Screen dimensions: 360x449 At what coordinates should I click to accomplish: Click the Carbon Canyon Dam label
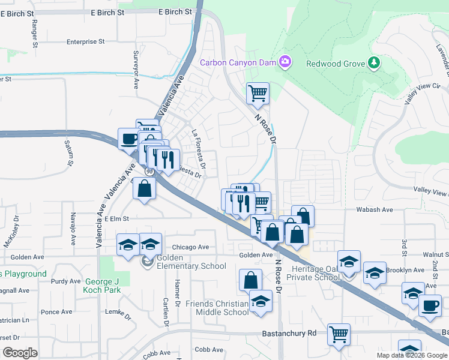(238, 62)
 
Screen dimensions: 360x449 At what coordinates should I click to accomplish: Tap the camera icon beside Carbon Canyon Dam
(285, 62)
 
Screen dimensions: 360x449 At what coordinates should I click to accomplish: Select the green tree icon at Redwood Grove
(373, 62)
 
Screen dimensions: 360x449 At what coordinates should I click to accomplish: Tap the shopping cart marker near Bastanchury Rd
(339, 334)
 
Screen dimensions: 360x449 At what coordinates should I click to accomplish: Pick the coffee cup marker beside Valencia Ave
(128, 139)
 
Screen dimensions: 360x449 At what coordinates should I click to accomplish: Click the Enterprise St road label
(86, 42)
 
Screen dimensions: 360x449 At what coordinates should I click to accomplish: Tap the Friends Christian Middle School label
(217, 308)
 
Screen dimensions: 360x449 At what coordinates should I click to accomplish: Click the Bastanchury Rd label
(289, 333)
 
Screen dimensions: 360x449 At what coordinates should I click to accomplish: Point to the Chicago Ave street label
(190, 247)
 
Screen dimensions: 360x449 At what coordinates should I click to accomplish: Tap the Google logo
(20, 352)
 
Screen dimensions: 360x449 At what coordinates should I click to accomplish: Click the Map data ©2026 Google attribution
(412, 355)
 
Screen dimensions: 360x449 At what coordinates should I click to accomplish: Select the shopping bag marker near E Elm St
(145, 188)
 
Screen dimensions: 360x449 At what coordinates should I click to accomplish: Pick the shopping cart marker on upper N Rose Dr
(258, 93)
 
